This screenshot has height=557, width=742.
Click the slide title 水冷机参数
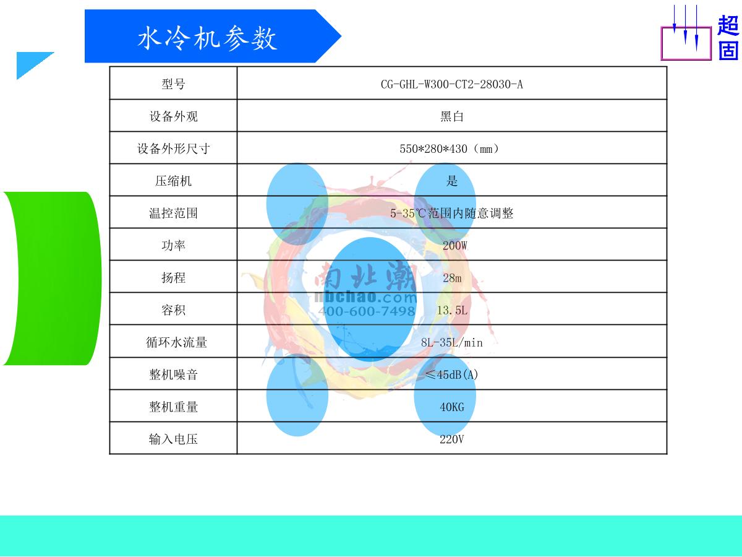point(207,38)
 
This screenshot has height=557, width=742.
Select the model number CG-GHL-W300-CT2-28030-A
point(451,84)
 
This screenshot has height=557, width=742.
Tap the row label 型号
point(173,84)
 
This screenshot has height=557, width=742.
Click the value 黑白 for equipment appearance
point(451,116)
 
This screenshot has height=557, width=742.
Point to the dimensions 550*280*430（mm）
point(450,149)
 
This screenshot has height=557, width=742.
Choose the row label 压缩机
point(173,181)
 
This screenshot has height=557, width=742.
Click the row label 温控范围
point(173,214)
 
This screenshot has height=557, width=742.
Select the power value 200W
point(454,246)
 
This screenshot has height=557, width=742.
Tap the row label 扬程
point(173,278)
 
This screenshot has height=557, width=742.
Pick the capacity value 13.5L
point(452,310)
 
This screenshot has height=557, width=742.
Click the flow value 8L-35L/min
point(451,342)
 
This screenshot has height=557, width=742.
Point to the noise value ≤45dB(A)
point(451,374)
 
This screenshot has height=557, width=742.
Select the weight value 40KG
point(451,407)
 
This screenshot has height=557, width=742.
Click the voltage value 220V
point(451,439)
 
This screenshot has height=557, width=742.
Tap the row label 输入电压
point(173,439)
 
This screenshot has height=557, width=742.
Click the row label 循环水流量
point(173,342)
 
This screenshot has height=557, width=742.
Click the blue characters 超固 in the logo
point(728,38)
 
